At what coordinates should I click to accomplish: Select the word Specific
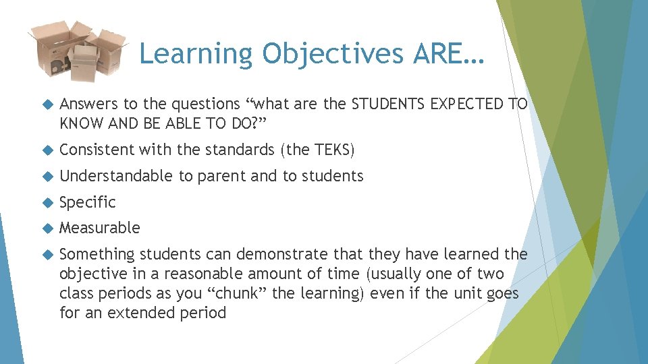(x=88, y=202)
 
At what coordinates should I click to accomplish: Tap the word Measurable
(x=100, y=229)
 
